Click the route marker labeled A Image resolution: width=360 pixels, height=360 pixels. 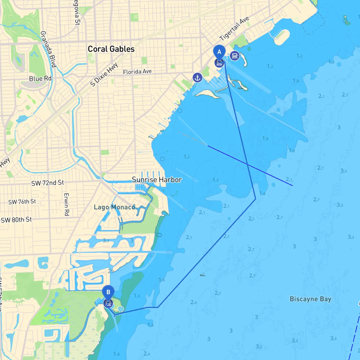tap(219, 52)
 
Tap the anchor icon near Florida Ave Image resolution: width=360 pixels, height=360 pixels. tap(197, 78)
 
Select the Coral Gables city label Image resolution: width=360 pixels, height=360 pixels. tap(111, 49)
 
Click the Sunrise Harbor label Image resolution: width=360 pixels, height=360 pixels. tap(157, 180)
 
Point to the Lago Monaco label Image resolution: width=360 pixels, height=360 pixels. tap(114, 207)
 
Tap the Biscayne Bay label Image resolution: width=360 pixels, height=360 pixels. tap(310, 299)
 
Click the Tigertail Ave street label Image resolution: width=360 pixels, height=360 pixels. tap(234, 28)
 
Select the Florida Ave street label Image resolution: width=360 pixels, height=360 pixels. tap(137, 72)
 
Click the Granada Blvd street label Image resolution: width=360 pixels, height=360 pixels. tap(48, 49)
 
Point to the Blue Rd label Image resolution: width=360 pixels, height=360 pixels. tap(40, 78)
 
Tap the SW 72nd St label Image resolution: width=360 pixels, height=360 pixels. tap(48, 183)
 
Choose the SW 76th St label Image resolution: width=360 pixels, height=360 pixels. tap(22, 202)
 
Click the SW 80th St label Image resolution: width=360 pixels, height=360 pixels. tap(16, 220)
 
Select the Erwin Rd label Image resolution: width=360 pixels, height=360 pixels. tap(67, 204)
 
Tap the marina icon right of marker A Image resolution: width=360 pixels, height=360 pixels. tap(235, 56)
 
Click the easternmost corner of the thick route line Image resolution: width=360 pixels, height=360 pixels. tap(255, 199)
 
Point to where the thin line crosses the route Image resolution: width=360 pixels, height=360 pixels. tap(247, 164)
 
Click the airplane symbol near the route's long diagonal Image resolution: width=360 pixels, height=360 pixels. tap(203, 275)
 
